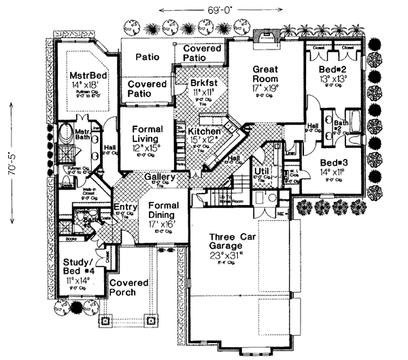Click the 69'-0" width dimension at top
click(204, 10)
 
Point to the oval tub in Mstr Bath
click(65, 131)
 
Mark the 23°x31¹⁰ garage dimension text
click(235, 257)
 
